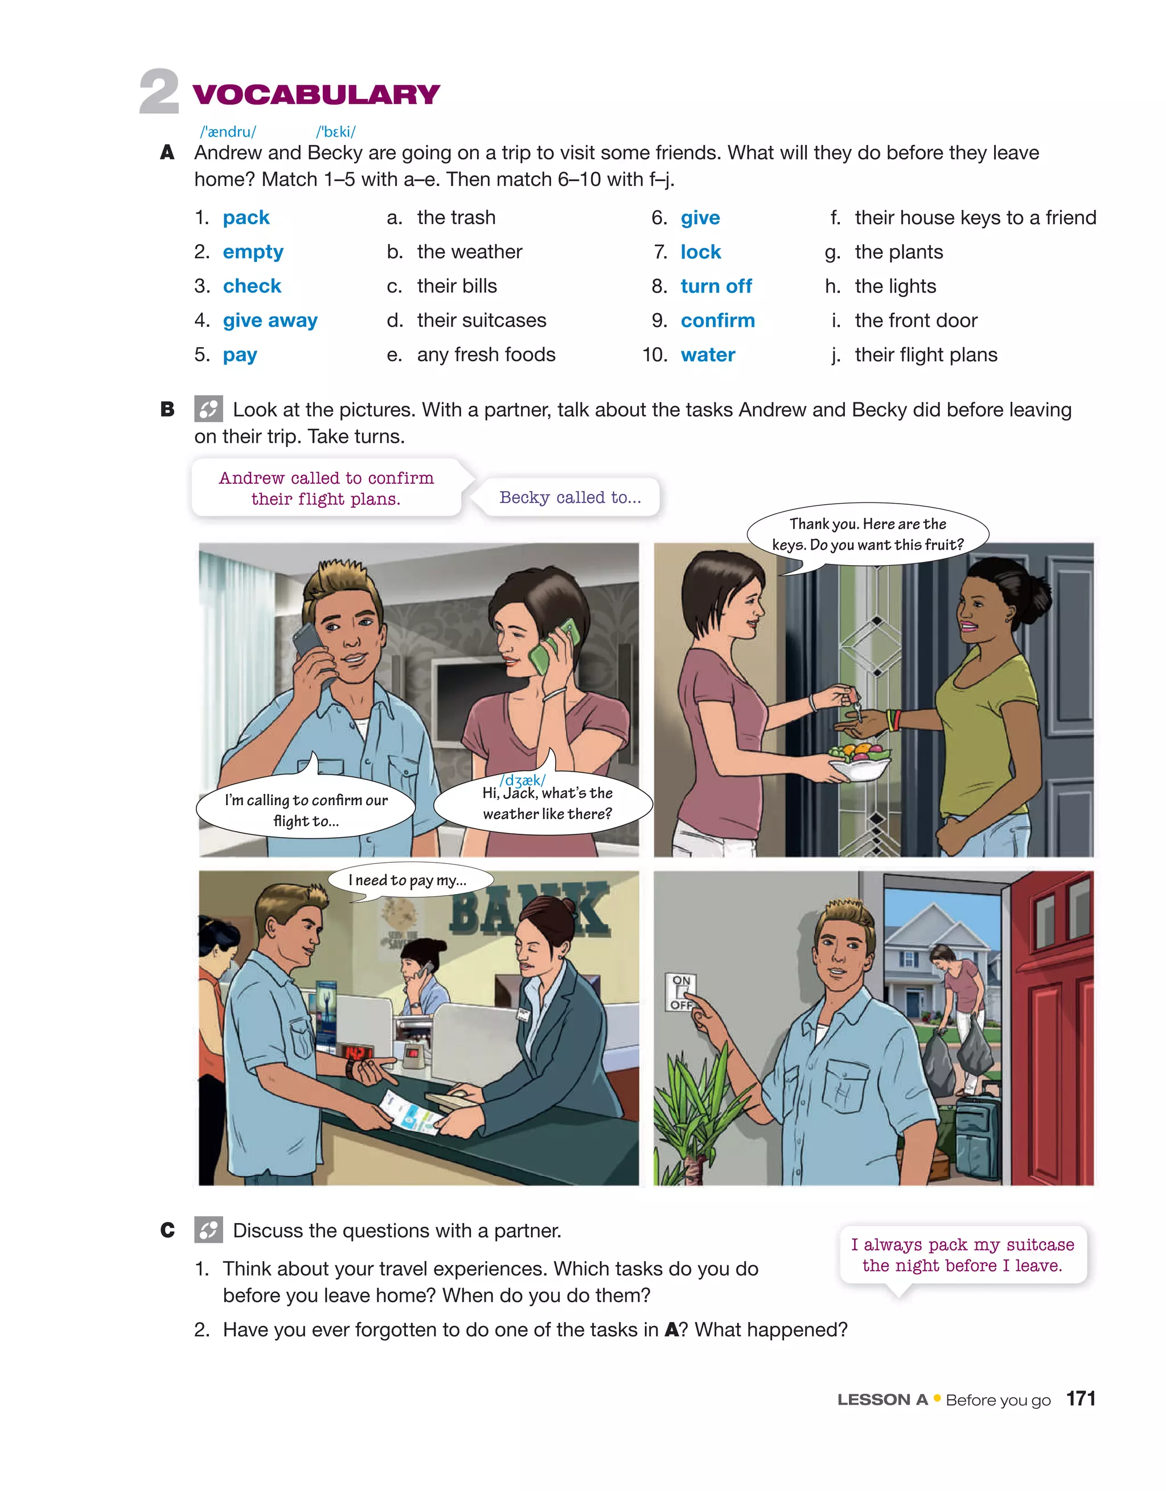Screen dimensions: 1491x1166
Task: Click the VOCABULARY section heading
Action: (315, 94)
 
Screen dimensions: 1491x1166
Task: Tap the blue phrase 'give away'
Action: (270, 320)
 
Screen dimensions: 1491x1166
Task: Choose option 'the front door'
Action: (915, 320)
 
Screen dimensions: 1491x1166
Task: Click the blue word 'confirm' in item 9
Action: (717, 320)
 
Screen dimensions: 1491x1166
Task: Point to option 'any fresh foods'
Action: (486, 355)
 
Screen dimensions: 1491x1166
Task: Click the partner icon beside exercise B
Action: (208, 409)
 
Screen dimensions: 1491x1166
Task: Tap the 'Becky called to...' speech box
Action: (570, 497)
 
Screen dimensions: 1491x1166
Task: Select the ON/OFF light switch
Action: (680, 992)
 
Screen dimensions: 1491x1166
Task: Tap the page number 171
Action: (1081, 1399)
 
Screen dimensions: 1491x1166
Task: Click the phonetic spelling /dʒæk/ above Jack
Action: (522, 780)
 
